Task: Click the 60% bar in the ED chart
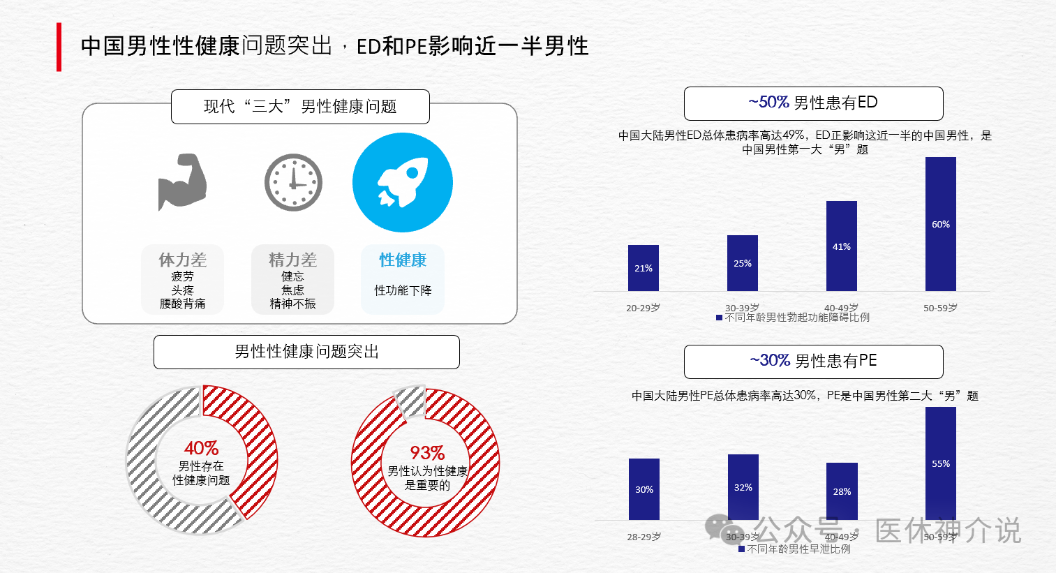pos(941,224)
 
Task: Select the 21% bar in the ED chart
pos(643,268)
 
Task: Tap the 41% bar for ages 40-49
pos(842,246)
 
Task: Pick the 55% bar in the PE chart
pos(941,463)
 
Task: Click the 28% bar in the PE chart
pos(842,491)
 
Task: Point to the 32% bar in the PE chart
pos(743,486)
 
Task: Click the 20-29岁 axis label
pos(643,308)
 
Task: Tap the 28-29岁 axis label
pos(644,537)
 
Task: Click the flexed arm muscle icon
pos(182,181)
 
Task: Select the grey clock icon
pos(293,182)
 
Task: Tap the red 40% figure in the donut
pos(201,447)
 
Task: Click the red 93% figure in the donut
pos(427,453)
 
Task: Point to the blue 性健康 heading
pos(403,260)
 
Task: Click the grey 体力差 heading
pos(182,260)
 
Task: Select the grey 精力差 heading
pos(292,260)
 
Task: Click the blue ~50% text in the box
pos(768,103)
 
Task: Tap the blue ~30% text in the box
pos(770,361)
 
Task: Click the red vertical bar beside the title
pos(59,47)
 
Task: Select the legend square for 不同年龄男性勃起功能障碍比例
pos(719,318)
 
